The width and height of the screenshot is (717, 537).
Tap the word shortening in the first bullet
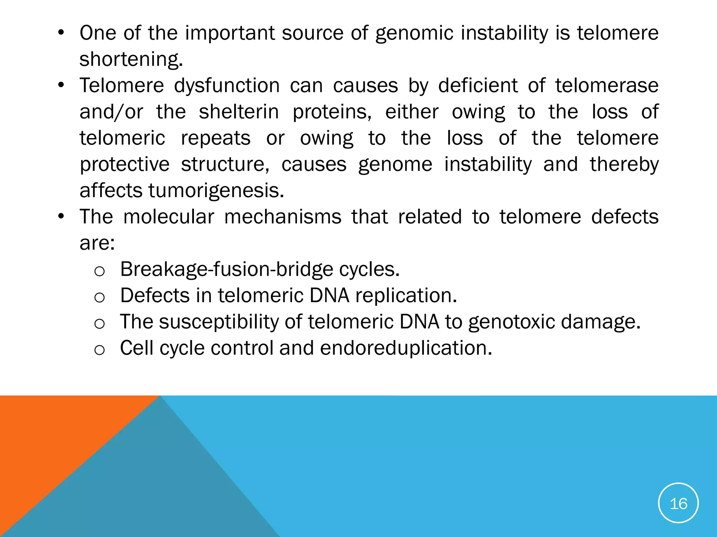131,59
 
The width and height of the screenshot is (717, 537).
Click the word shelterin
239,112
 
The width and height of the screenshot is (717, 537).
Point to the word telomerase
607,86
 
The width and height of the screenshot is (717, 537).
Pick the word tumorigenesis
216,191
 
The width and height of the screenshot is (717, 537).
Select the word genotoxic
511,322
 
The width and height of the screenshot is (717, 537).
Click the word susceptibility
219,322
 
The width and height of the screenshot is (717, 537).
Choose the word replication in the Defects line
406,296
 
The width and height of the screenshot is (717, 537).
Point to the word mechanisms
283,217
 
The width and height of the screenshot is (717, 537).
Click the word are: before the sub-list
97,243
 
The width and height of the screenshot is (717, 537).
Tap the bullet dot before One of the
61,33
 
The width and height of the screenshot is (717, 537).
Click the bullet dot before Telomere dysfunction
61,86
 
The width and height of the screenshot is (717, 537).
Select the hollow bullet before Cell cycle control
99,350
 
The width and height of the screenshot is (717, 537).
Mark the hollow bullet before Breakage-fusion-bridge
99,271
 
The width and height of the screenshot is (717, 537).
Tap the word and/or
111,112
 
